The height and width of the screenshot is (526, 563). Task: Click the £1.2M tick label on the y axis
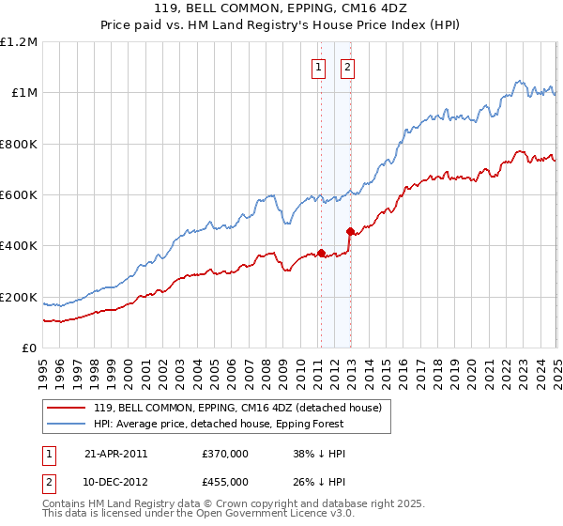click(19, 42)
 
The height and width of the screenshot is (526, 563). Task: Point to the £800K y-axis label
click(19, 145)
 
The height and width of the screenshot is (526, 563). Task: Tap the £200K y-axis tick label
click(19, 298)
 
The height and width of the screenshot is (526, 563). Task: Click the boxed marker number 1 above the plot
click(318, 67)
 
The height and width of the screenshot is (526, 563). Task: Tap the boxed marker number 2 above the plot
click(347, 67)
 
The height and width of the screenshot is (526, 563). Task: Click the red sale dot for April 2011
click(321, 253)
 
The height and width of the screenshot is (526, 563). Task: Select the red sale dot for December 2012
click(350, 231)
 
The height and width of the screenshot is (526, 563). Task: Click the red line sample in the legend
click(68, 409)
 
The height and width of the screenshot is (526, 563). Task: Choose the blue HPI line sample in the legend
click(68, 425)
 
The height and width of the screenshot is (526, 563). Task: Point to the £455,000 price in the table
click(225, 481)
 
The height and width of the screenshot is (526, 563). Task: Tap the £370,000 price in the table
click(225, 453)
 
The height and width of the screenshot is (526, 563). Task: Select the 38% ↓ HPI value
click(320, 453)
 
